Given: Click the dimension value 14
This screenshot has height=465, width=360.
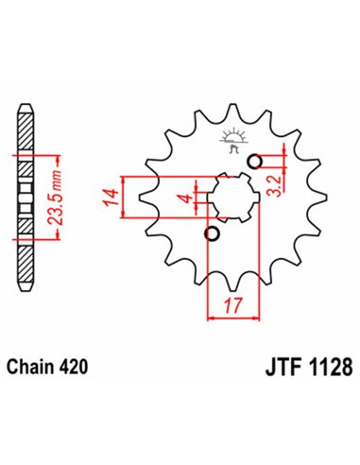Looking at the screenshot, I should (111, 197).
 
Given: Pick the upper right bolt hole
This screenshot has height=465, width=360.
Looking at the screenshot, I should (253, 162).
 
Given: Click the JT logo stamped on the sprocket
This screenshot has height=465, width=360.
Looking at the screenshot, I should (232, 141).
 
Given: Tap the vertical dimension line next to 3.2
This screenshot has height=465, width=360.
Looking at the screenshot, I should (282, 171).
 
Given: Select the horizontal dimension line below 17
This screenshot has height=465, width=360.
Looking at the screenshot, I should (231, 319).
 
